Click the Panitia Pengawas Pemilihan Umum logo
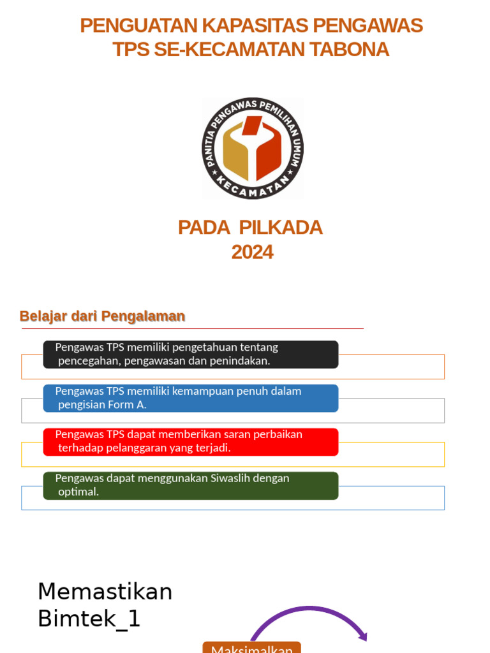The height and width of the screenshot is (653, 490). tap(253, 148)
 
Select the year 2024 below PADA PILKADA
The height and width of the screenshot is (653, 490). tap(252, 252)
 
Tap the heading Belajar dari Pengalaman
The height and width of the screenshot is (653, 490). tap(102, 316)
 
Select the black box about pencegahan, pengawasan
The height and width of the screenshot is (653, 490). tap(190, 354)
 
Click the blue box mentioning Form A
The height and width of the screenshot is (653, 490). tap(190, 398)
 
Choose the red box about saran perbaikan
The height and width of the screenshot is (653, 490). tap(190, 441)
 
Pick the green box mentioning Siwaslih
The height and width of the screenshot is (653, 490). tap(190, 485)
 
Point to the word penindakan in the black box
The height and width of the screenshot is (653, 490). tap(241, 361)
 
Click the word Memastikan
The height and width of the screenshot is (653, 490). tap(105, 592)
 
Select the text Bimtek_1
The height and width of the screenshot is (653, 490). tap(89, 619)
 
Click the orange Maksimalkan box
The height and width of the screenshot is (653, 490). tap(251, 648)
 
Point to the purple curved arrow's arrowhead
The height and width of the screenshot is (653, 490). tap(364, 636)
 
